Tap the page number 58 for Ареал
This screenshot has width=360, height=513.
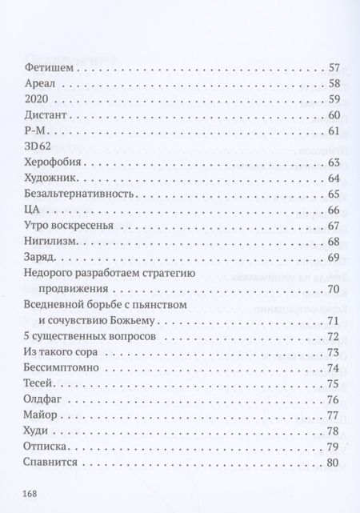(x=334, y=83)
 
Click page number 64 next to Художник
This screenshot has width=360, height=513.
(x=334, y=178)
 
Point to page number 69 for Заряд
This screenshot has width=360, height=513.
(x=334, y=257)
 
